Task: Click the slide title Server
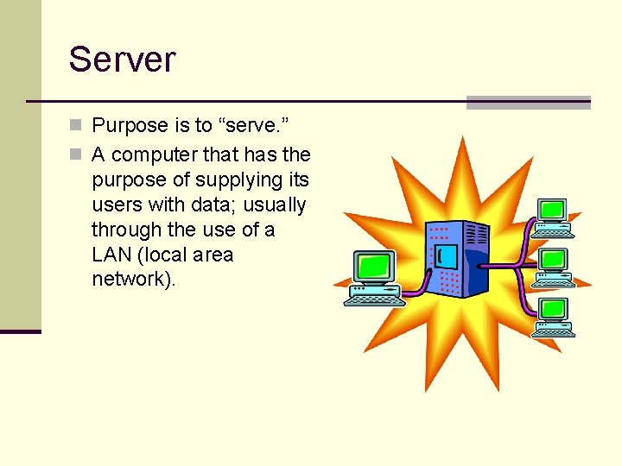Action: click(122, 59)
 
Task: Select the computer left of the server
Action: click(374, 279)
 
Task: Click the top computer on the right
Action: click(553, 217)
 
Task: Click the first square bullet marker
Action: click(77, 126)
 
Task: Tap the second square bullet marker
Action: click(77, 155)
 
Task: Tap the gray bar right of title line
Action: click(528, 102)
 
